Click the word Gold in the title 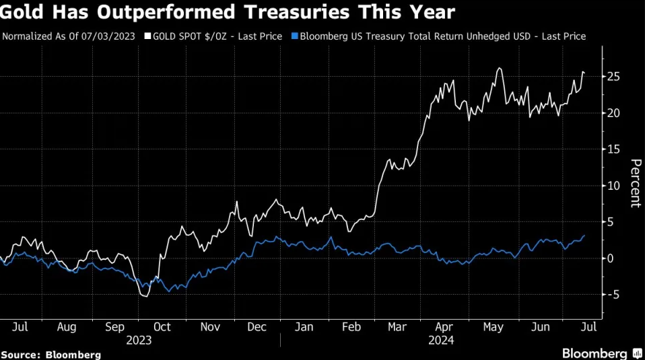24,11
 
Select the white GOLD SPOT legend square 147,36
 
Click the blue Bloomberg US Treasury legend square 296,36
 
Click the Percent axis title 634,183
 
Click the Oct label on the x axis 162,327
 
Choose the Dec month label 257,327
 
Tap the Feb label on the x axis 351,327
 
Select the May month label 493,327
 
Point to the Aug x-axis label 67,327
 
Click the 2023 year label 139,340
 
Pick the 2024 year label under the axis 441,340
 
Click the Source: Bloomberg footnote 51,354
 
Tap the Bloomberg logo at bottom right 595,353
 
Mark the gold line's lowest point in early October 145,296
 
